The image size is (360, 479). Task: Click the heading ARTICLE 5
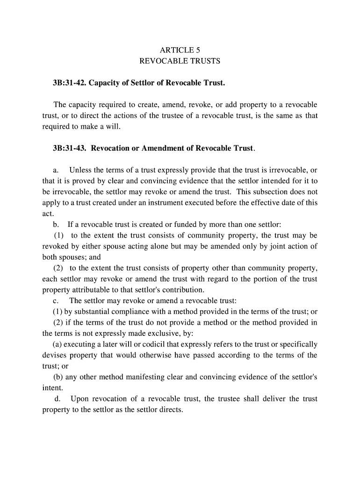coord(180,50)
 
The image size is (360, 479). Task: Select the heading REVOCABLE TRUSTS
coord(180,61)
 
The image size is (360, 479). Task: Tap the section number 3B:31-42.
coord(70,83)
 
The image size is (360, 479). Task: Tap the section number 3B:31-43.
coord(70,148)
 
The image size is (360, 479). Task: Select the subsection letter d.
coord(58,399)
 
